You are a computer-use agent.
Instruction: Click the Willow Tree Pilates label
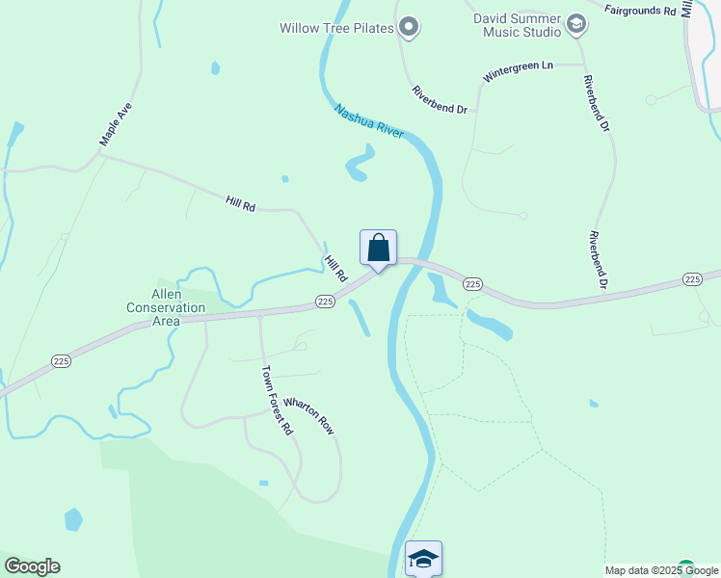pyautogui.click(x=336, y=28)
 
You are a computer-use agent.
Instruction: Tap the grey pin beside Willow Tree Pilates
pyautogui.click(x=409, y=27)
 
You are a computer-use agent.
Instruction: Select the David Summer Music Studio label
pyautogui.click(x=517, y=25)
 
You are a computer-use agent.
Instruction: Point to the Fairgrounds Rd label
pyautogui.click(x=640, y=10)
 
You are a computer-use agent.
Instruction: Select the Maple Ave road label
pyautogui.click(x=115, y=124)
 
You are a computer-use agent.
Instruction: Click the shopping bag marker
pyautogui.click(x=379, y=249)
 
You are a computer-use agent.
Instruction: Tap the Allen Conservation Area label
pyautogui.click(x=166, y=307)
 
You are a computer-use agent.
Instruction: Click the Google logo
pyautogui.click(x=32, y=566)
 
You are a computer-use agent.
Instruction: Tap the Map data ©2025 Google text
pyautogui.click(x=660, y=570)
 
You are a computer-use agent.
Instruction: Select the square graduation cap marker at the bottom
pyautogui.click(x=423, y=557)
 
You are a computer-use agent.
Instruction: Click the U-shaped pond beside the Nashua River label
pyautogui.click(x=360, y=164)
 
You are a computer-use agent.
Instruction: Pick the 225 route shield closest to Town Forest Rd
pyautogui.click(x=325, y=302)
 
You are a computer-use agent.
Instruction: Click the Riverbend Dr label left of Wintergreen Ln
pyautogui.click(x=440, y=100)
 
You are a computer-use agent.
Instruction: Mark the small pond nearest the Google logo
pyautogui.click(x=73, y=519)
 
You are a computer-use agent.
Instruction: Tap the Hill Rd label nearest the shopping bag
pyautogui.click(x=336, y=269)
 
